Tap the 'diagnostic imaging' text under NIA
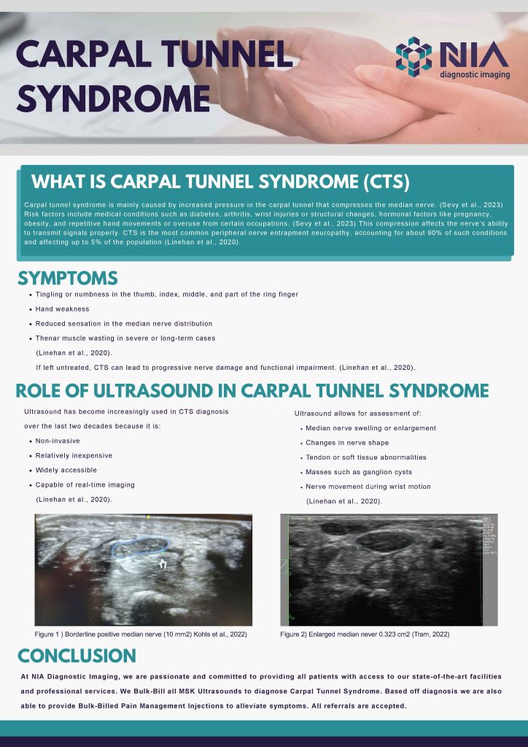pyautogui.click(x=474, y=74)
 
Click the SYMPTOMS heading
pyautogui.click(x=67, y=278)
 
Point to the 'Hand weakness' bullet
pyautogui.click(x=62, y=309)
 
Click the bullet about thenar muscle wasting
pyautogui.click(x=125, y=338)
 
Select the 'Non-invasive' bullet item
pyautogui.click(x=58, y=441)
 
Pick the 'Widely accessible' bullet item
pyautogui.click(x=66, y=470)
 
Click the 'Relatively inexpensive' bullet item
pyautogui.click(x=74, y=455)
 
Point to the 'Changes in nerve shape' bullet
pyautogui.click(x=347, y=442)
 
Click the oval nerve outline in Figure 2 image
pyautogui.click(x=385, y=540)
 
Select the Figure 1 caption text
pyautogui.click(x=141, y=635)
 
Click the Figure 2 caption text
pyautogui.click(x=365, y=635)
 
